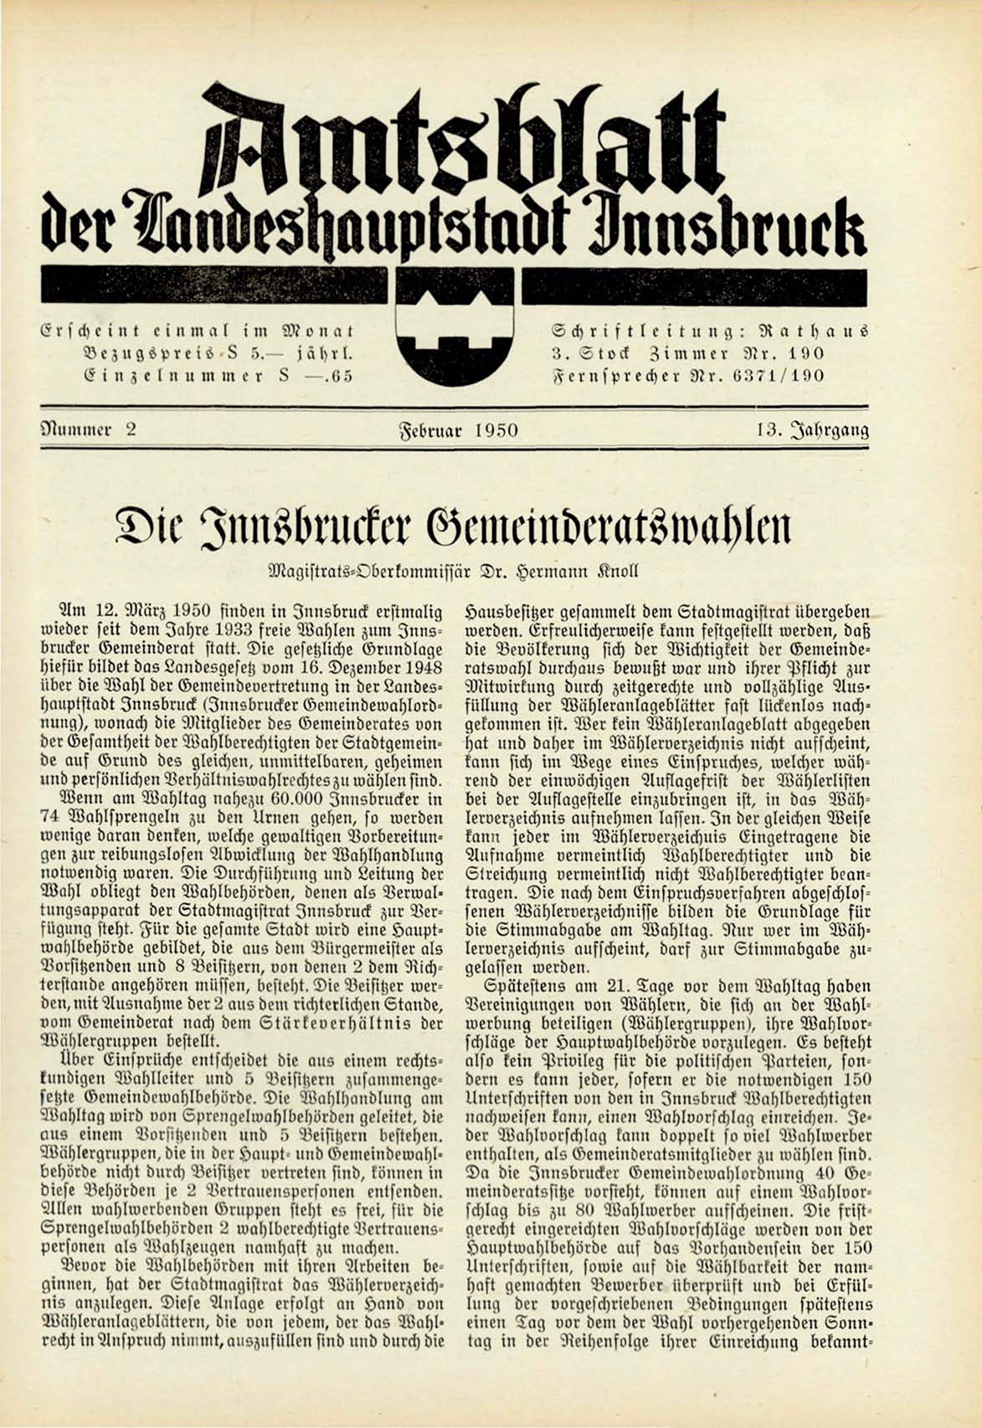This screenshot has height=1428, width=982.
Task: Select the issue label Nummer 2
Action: [89, 430]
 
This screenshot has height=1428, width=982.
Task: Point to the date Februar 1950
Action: [457, 431]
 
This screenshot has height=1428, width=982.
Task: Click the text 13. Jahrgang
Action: [810, 431]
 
